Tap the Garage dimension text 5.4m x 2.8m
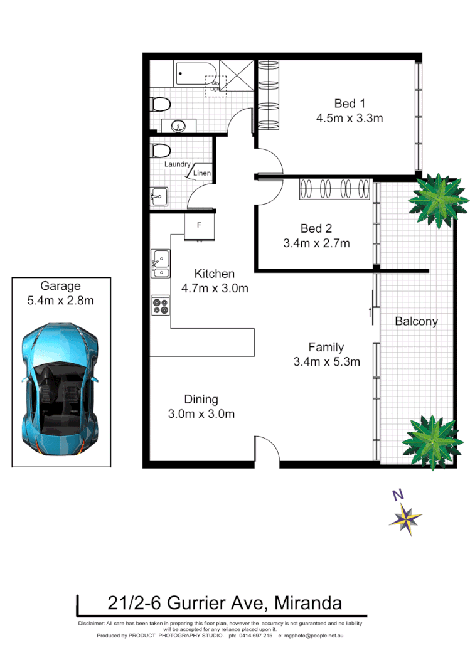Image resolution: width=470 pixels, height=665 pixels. click(x=60, y=301)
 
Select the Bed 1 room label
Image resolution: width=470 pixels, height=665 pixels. click(x=350, y=104)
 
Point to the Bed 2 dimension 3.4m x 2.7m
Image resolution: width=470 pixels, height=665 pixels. click(x=316, y=243)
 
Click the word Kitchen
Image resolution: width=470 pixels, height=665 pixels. click(x=214, y=274)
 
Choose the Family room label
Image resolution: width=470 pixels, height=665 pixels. click(x=326, y=347)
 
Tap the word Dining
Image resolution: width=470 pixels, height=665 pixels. click(x=201, y=400)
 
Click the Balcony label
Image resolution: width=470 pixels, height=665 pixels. click(x=416, y=321)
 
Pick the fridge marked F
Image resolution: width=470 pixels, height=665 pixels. click(x=200, y=225)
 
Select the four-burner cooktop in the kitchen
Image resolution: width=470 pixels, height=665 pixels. click(x=161, y=304)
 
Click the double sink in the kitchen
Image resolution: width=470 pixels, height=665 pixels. click(x=161, y=263)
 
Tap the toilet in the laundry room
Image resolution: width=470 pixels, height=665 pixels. click(x=161, y=151)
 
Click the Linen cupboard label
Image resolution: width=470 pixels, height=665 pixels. click(x=202, y=173)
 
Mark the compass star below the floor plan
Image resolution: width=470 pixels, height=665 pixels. click(x=405, y=519)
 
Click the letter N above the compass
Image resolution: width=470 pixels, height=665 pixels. click(x=397, y=494)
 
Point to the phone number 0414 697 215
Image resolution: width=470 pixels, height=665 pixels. click(x=255, y=636)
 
